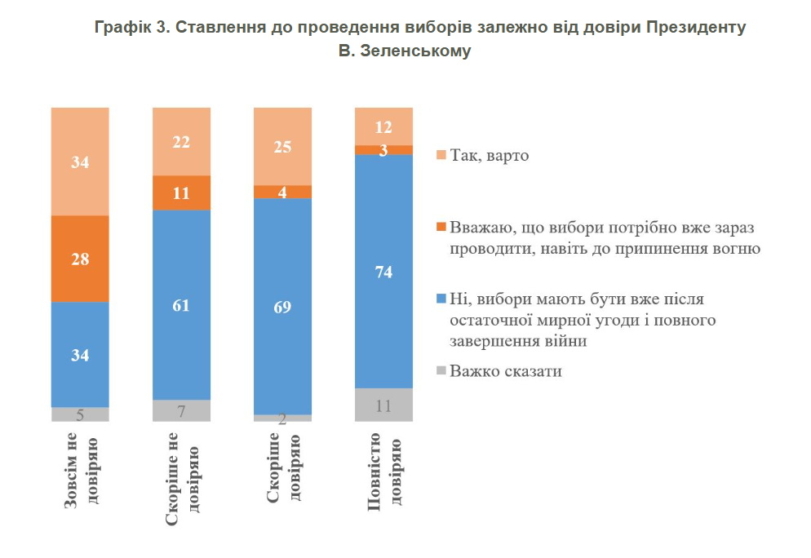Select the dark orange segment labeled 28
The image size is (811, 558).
(80, 259)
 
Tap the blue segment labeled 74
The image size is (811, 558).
(383, 271)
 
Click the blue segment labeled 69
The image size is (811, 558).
(282, 306)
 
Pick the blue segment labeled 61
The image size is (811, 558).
(181, 304)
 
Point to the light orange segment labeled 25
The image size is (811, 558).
(282, 146)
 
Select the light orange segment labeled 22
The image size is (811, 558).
(181, 141)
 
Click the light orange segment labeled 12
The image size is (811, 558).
(383, 126)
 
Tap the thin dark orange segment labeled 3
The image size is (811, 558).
(383, 149)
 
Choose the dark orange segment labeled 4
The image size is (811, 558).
(282, 192)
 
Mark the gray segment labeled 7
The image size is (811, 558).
(181, 410)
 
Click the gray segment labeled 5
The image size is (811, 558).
(80, 414)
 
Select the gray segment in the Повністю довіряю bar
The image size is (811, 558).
(383, 405)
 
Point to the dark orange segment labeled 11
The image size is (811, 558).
(181, 193)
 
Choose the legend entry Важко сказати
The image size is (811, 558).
(506, 371)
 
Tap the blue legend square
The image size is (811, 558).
(441, 299)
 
